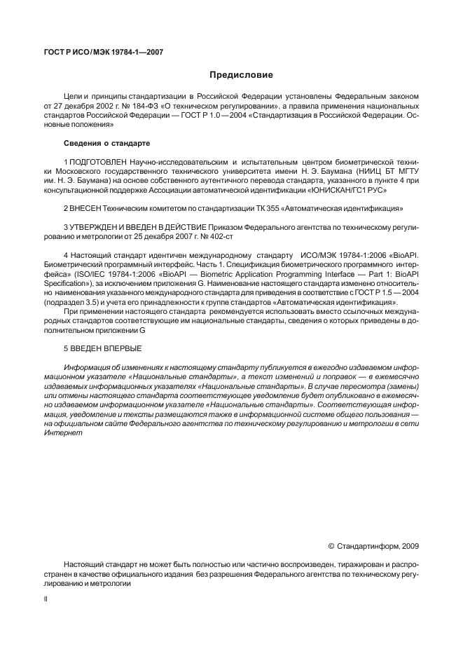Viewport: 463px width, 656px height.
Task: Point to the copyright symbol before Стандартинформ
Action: click(x=331, y=545)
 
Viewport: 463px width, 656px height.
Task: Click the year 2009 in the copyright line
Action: click(x=410, y=545)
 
